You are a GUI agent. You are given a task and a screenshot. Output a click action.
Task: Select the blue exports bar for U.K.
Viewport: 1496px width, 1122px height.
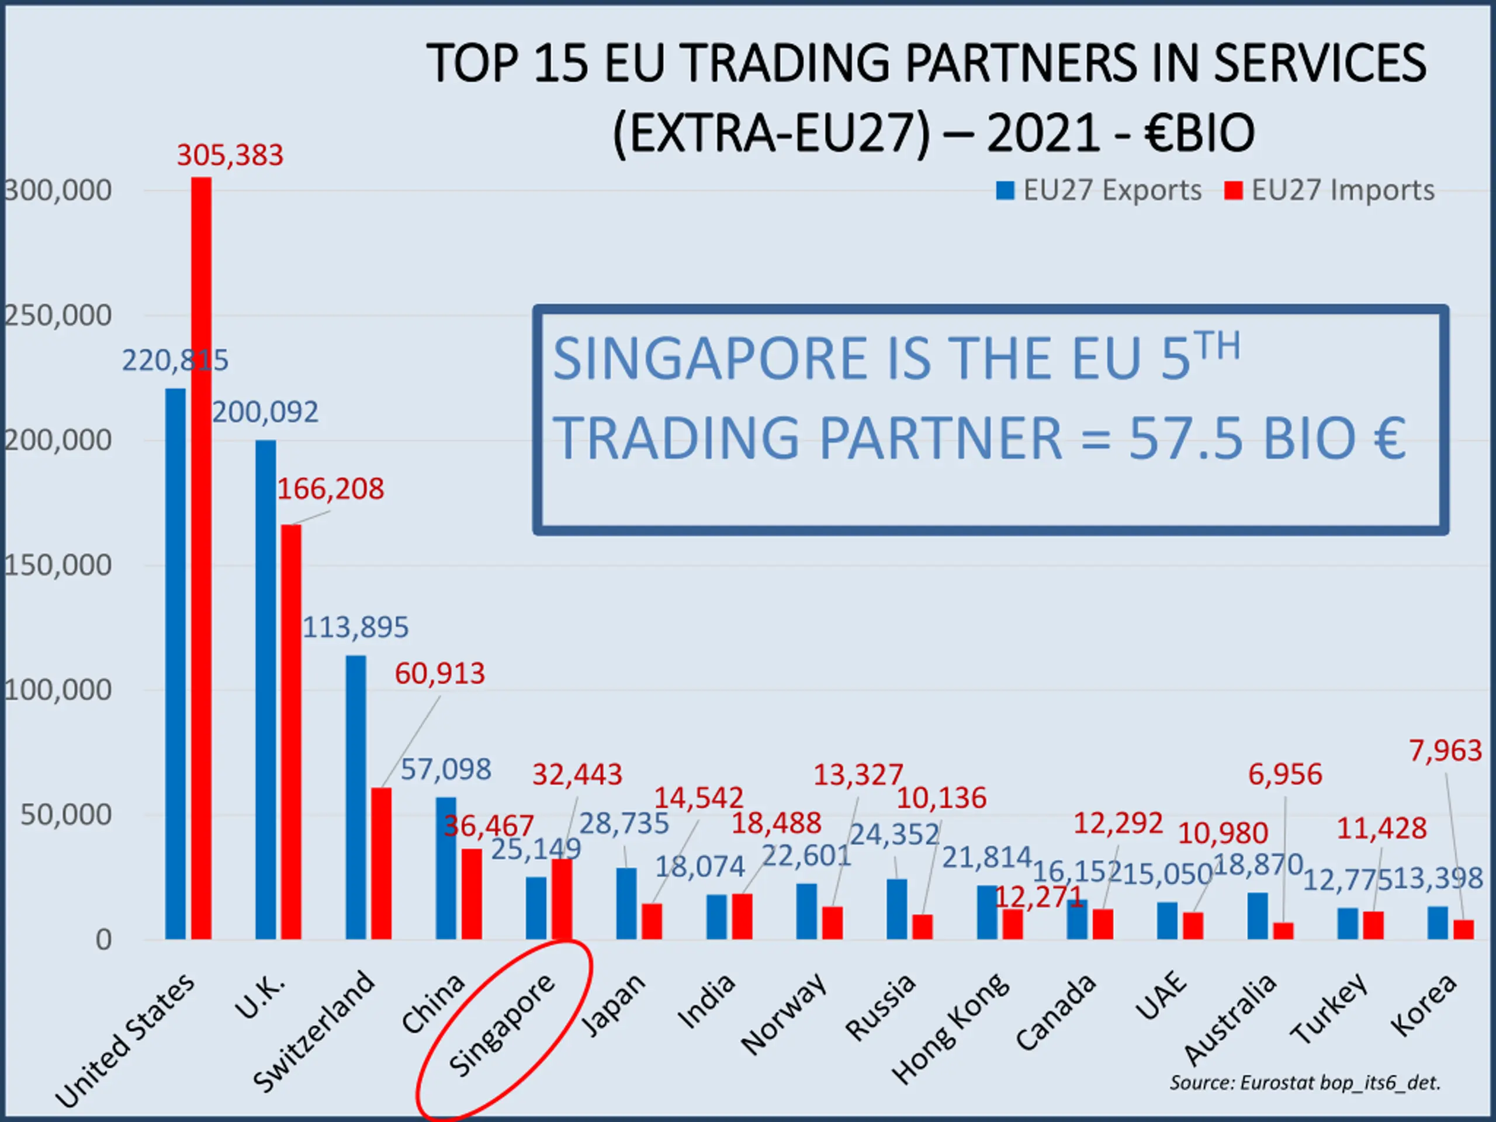click(x=266, y=690)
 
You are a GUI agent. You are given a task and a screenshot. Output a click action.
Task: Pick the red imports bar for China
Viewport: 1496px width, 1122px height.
click(x=472, y=894)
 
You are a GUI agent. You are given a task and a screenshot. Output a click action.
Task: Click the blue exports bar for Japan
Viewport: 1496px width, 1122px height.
click(x=626, y=903)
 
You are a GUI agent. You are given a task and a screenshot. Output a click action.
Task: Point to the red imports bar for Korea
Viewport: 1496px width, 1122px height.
click(x=1463, y=929)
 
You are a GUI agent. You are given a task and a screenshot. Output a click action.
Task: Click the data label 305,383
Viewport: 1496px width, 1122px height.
click(x=230, y=155)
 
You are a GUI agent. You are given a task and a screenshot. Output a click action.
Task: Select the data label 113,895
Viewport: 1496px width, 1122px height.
click(x=355, y=628)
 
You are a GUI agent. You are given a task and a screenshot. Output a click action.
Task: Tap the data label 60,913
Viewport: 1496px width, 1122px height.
click(x=439, y=674)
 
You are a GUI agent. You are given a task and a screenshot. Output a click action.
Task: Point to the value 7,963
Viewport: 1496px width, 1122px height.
click(x=1445, y=751)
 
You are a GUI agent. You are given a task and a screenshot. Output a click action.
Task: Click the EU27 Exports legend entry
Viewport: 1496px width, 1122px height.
click(x=1100, y=190)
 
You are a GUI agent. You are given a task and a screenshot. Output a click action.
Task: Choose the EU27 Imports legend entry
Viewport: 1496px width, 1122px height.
click(x=1329, y=190)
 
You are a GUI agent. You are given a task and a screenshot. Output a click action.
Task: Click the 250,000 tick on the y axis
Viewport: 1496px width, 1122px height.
click(x=57, y=315)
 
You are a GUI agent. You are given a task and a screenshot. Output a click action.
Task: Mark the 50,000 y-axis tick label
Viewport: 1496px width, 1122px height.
click(x=65, y=815)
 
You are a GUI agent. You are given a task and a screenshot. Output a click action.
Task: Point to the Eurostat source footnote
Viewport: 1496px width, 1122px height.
click(x=1305, y=1083)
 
